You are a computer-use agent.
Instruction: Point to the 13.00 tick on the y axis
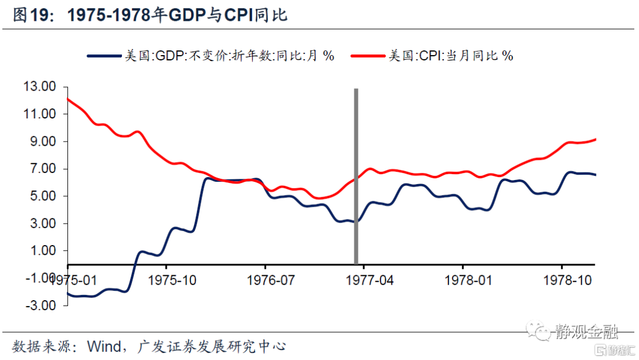point(39,86)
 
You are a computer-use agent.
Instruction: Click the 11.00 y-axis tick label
point(39,114)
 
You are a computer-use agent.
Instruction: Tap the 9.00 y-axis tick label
point(43,142)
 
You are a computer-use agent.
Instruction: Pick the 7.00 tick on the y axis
point(43,169)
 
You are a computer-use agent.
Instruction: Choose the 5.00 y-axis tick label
point(43,196)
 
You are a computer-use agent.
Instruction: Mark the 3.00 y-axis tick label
point(43,224)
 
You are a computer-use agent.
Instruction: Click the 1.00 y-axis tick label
point(43,251)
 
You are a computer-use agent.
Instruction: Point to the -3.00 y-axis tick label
point(40,306)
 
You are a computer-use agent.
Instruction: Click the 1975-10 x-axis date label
point(172,279)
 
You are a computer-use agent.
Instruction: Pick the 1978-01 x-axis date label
point(468,279)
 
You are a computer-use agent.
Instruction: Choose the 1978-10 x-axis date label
point(567,279)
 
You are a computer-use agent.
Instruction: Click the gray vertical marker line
point(356,178)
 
